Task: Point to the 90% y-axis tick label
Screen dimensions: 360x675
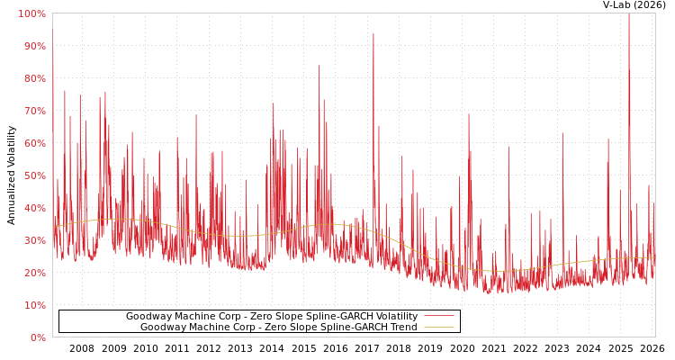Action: pyautogui.click(x=33, y=46)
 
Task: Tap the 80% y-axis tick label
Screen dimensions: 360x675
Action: pyautogui.click(x=33, y=78)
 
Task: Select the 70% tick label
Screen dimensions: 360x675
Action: pyautogui.click(x=33, y=111)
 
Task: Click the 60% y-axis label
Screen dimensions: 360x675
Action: pyautogui.click(x=33, y=143)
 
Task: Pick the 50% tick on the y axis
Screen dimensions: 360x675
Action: pyautogui.click(x=33, y=175)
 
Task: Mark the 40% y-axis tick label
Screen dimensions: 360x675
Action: pyautogui.click(x=33, y=208)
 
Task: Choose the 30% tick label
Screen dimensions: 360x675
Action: pyautogui.click(x=33, y=240)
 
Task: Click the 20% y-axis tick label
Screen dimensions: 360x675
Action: pyautogui.click(x=33, y=273)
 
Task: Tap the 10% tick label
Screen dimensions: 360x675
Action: pyautogui.click(x=33, y=305)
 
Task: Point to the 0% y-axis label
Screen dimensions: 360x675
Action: pyautogui.click(x=37, y=337)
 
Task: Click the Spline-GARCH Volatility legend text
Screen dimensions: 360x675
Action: pyautogui.click(x=271, y=317)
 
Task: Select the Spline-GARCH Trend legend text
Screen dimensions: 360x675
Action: pyautogui.click(x=278, y=328)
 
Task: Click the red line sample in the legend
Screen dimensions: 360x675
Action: pyautogui.click(x=438, y=317)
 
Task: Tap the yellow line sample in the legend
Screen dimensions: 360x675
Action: pyautogui.click(x=438, y=328)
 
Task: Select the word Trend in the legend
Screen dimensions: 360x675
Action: pyautogui.click(x=402, y=328)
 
